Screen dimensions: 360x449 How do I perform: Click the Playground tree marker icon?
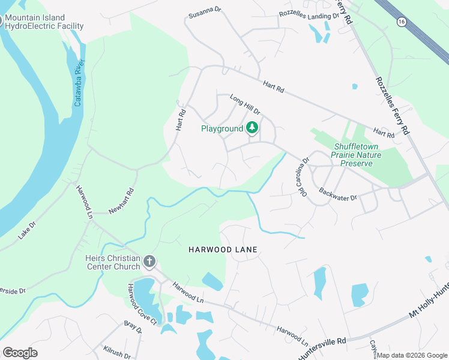(x=253, y=128)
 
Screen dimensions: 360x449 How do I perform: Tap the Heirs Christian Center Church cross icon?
(x=149, y=262)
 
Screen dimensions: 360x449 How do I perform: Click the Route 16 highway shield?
(x=400, y=21)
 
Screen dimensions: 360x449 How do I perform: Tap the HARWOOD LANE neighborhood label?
(x=223, y=250)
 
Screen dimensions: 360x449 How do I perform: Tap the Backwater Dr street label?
(x=338, y=195)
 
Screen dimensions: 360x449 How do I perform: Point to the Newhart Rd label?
(x=121, y=203)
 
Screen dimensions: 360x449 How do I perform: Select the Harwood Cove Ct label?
(x=142, y=305)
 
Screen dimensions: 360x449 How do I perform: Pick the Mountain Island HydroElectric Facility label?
(x=44, y=22)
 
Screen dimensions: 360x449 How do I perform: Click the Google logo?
(x=20, y=353)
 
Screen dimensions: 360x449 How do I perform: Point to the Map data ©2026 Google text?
(x=412, y=355)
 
